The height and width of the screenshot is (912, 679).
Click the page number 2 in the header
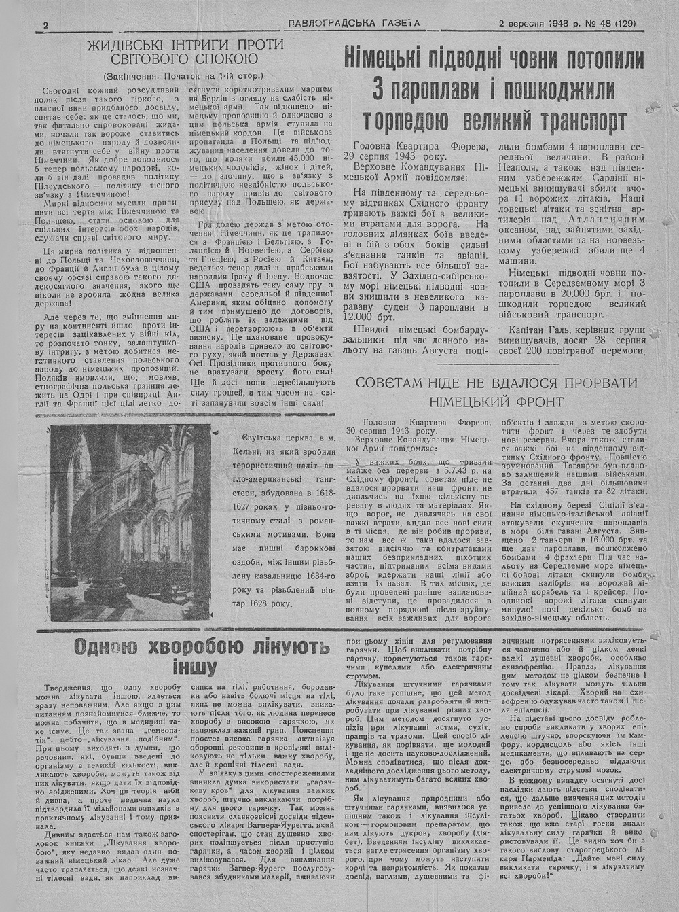coord(45,25)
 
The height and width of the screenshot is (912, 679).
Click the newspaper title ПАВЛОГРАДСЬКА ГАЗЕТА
coord(354,23)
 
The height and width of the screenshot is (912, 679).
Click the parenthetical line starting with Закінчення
coord(183,76)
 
